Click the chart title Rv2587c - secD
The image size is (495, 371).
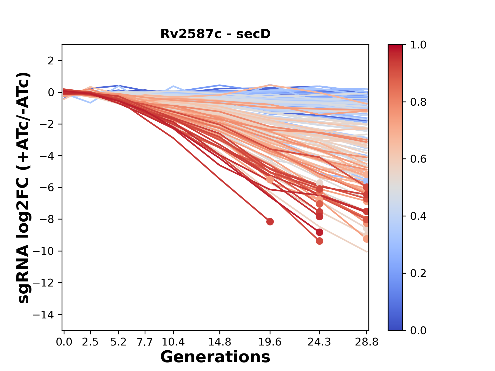(215, 34)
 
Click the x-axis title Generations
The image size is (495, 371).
(215, 357)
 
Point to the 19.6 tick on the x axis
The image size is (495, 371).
(270, 342)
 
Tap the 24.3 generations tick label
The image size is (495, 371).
(319, 342)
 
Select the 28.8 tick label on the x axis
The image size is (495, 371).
(367, 342)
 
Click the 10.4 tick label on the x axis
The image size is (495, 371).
(173, 342)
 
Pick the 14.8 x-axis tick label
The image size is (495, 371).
(220, 342)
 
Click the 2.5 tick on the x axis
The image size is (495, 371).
(90, 342)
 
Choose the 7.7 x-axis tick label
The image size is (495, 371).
(145, 342)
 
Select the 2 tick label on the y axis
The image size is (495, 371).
(51, 61)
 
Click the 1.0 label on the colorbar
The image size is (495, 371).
(418, 45)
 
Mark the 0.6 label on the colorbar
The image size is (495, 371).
(418, 159)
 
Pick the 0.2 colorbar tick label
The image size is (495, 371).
(418, 273)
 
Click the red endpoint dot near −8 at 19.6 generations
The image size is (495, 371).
(270, 222)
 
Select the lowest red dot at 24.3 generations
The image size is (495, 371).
(319, 241)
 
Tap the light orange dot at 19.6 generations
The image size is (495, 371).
(270, 180)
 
